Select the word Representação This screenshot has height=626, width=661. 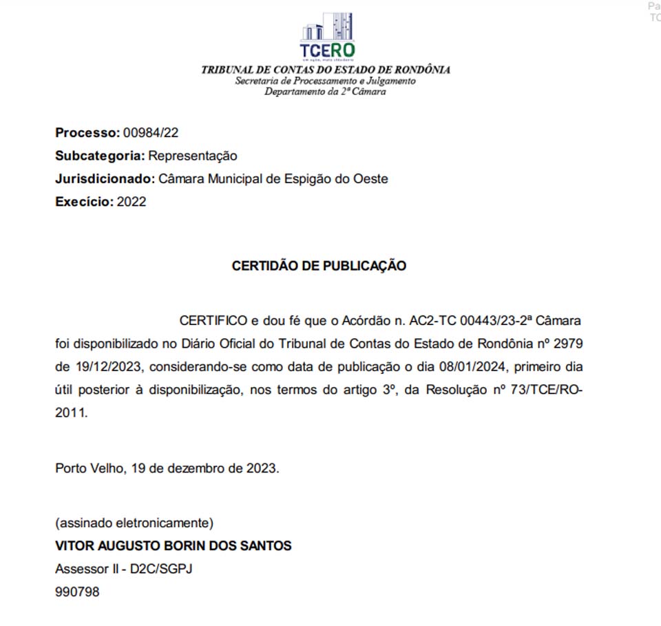tap(193, 156)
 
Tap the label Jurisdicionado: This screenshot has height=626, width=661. tap(105, 179)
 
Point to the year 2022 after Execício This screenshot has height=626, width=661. tap(132, 202)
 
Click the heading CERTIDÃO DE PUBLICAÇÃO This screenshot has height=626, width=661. tap(319, 266)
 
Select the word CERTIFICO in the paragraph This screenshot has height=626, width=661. tap(213, 321)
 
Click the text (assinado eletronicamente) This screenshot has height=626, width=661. tap(134, 522)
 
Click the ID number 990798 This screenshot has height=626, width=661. tap(77, 592)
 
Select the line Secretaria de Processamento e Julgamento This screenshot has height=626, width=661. tap(325, 81)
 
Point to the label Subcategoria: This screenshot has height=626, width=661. tap(100, 156)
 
